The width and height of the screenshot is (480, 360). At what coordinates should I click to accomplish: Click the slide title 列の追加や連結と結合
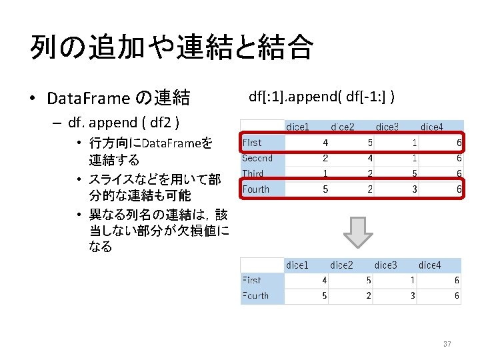point(171,47)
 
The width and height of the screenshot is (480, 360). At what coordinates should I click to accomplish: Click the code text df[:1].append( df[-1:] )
point(323,97)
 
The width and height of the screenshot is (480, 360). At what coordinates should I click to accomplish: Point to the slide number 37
point(447,344)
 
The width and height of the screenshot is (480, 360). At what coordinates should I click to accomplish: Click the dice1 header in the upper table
point(297,127)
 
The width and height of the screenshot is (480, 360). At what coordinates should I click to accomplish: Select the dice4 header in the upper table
point(431,127)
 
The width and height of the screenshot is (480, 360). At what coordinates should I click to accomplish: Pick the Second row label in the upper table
point(257,158)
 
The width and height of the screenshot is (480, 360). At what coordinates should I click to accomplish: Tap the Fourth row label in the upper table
point(256,189)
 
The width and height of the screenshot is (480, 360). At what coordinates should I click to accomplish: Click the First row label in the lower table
point(252,281)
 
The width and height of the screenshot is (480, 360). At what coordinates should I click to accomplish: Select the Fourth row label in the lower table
point(255,296)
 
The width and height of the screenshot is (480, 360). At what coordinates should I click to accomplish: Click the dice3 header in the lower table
point(385,265)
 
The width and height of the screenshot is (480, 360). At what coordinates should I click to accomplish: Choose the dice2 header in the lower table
point(341,265)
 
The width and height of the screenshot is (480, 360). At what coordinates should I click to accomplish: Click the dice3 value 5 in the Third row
point(414,173)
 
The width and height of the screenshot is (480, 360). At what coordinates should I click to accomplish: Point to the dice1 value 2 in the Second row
point(325,158)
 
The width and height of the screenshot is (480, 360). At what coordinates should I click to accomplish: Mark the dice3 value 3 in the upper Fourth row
point(414,189)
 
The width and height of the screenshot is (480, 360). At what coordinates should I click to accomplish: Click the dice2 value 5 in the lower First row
point(369,281)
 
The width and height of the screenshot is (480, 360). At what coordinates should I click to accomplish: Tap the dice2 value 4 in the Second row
point(369,158)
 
